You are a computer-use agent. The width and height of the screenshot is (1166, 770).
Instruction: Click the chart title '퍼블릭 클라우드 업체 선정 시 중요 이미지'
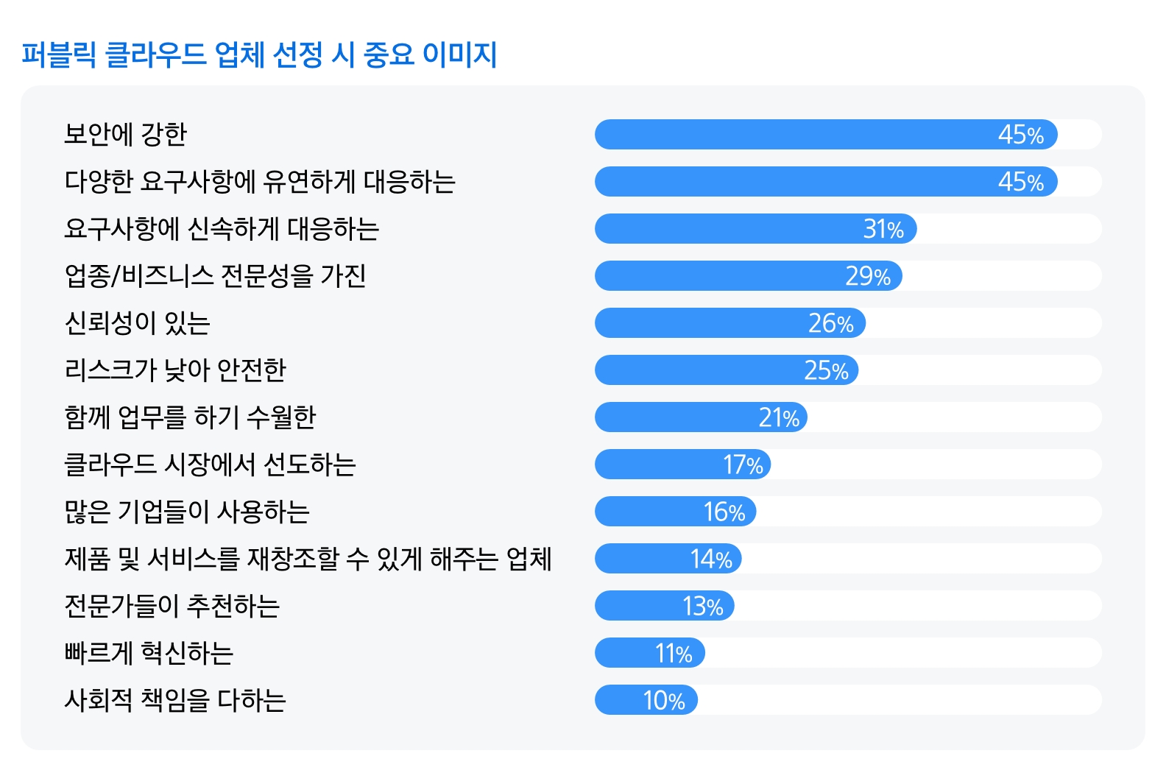[259, 55]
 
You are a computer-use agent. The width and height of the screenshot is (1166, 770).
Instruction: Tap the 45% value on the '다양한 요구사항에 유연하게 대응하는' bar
[1020, 182]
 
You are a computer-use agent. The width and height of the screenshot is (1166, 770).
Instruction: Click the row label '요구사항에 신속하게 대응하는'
[222, 229]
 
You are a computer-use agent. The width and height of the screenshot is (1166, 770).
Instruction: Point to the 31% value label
[883, 229]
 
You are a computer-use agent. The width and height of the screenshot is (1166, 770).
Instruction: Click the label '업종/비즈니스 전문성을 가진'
[215, 276]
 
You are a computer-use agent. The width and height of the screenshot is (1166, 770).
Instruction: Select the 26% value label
[830, 323]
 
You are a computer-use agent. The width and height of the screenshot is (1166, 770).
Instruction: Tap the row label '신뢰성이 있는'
[138, 323]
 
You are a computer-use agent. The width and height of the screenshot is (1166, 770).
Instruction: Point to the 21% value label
[779, 417]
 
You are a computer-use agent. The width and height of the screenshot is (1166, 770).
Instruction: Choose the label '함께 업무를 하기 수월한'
[190, 417]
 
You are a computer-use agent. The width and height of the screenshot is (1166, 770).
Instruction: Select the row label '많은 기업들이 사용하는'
[187, 512]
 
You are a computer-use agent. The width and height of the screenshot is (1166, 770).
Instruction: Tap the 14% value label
[711, 559]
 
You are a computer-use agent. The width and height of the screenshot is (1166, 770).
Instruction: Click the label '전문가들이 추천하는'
[172, 606]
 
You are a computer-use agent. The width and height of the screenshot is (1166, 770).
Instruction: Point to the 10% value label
[664, 700]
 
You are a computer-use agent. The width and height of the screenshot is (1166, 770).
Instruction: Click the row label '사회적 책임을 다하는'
[175, 700]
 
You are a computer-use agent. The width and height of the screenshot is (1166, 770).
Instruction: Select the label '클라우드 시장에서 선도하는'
[211, 465]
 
